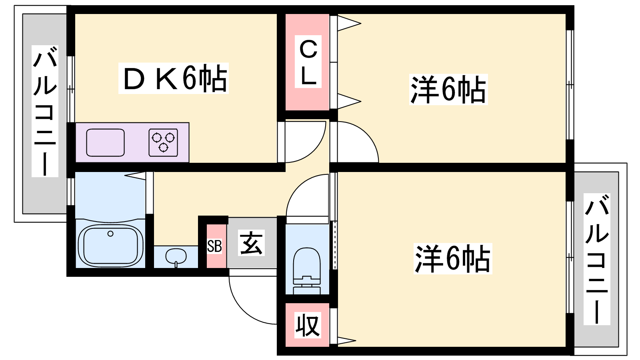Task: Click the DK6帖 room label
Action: click(x=174, y=78)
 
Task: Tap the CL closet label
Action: click(x=308, y=62)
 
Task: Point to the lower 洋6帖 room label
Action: click(x=452, y=259)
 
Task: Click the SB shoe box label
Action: click(x=214, y=246)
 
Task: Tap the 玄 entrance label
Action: click(x=251, y=243)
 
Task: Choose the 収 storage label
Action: click(x=308, y=325)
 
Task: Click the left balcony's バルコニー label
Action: click(x=45, y=111)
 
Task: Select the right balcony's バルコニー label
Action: click(x=596, y=259)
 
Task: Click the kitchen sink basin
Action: click(x=105, y=142)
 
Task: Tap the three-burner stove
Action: click(x=163, y=142)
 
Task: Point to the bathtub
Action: click(x=110, y=245)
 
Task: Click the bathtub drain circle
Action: click(x=110, y=234)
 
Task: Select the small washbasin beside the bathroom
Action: click(x=176, y=256)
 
